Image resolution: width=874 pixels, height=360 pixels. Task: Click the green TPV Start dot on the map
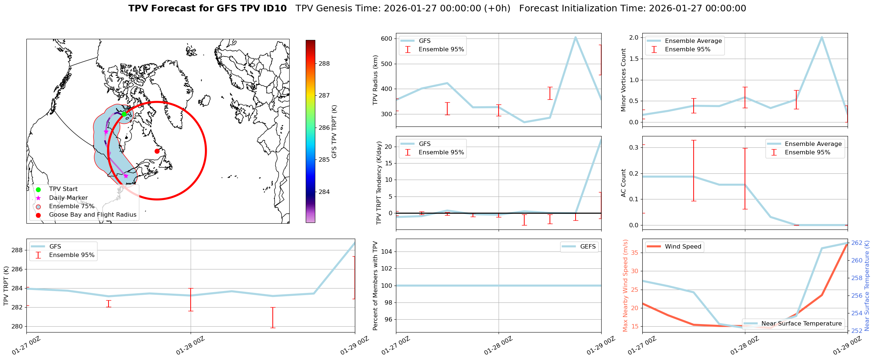click(124, 114)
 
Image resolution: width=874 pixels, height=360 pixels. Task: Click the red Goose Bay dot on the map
click(157, 151)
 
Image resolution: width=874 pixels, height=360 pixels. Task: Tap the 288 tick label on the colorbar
click(324, 63)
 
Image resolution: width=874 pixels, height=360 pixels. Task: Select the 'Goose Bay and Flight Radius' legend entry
click(92, 215)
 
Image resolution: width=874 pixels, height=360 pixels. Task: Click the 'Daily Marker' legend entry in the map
click(68, 198)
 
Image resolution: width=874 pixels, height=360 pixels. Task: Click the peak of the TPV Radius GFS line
click(575, 37)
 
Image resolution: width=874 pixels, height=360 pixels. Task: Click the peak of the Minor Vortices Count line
click(822, 37)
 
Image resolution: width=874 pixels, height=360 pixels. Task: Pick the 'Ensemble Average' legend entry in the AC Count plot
click(813, 144)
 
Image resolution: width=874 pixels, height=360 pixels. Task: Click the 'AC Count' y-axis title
click(624, 183)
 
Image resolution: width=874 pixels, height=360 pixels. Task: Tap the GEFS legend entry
click(588, 247)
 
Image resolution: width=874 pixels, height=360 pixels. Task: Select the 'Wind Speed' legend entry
click(683, 247)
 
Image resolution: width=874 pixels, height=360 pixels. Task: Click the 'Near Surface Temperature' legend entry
click(801, 324)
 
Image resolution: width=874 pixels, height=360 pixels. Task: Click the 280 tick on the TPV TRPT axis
click(18, 326)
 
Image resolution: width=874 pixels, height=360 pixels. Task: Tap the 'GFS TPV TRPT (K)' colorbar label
click(334, 131)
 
